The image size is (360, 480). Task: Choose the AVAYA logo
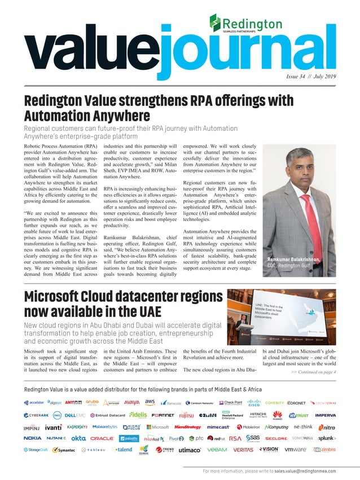(x=131, y=402)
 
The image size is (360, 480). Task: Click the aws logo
(x=150, y=402)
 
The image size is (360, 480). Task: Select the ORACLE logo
(x=102, y=438)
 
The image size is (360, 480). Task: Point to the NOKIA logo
(x=32, y=438)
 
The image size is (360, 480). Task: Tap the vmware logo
(x=295, y=450)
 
